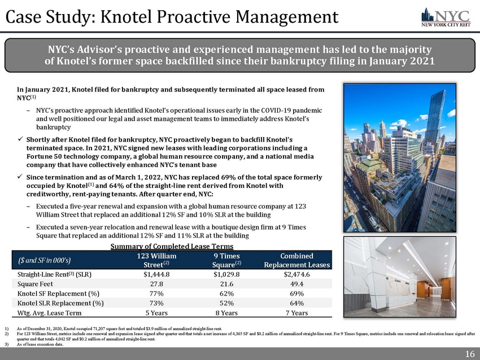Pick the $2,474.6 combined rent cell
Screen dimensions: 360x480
click(296, 274)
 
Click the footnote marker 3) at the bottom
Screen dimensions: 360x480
click(6, 343)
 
